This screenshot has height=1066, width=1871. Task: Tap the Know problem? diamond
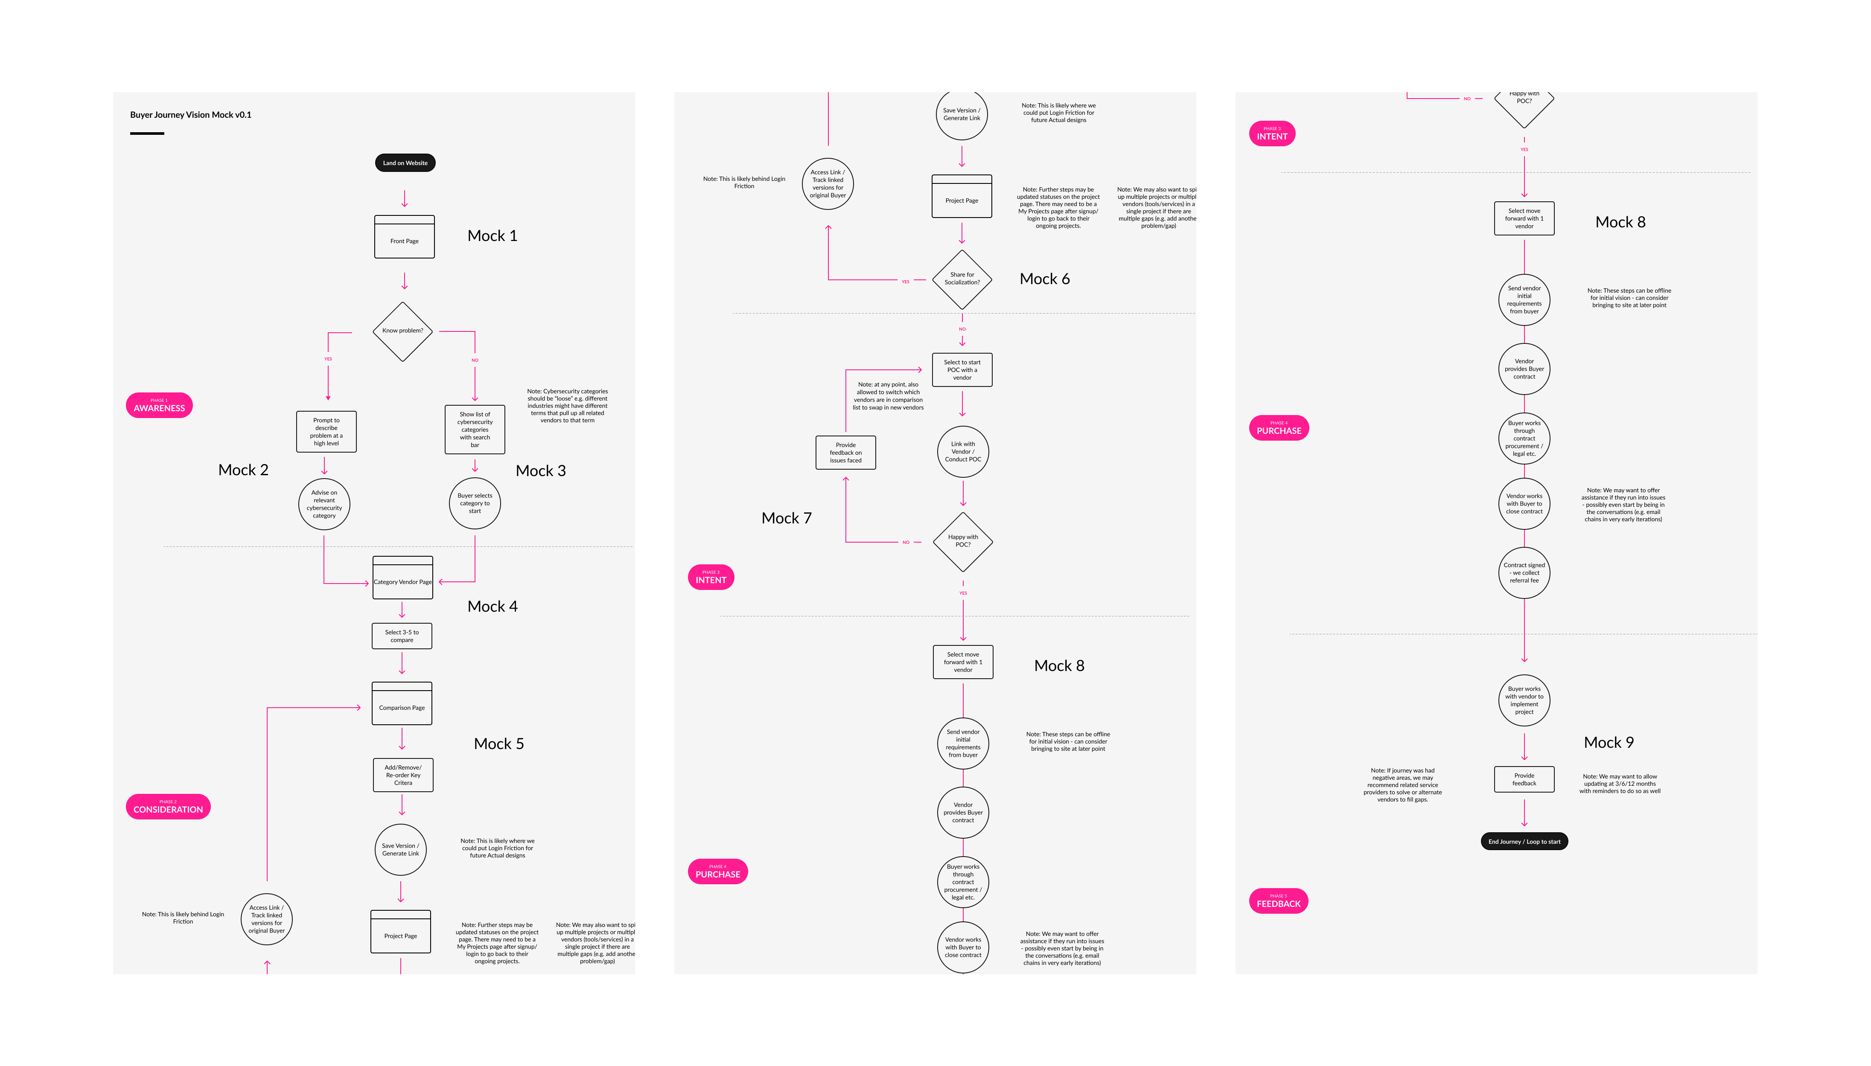tap(403, 331)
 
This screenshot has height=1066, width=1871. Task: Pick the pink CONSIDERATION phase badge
tap(168, 806)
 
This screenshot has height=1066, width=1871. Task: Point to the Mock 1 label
tap(492, 236)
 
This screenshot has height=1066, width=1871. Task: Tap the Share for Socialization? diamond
tap(962, 279)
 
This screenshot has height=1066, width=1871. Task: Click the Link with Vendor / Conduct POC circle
tap(962, 452)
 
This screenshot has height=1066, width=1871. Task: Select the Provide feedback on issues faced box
tap(845, 453)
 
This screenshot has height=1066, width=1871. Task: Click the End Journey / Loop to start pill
tap(1524, 841)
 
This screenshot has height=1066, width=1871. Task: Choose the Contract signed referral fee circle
tap(1524, 572)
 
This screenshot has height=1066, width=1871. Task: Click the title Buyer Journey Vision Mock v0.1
tap(190, 115)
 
